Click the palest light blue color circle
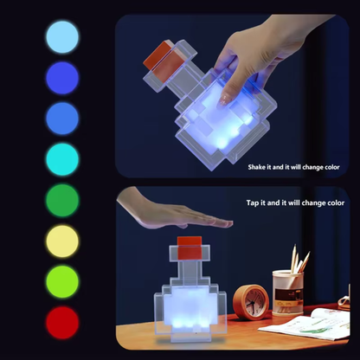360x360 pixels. pos(62,36)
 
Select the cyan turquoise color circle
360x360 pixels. pos(62,158)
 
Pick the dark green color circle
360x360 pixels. pos(62,199)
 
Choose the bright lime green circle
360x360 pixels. pos(62,281)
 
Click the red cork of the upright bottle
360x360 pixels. pos(189,243)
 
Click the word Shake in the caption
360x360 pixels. pos(259,167)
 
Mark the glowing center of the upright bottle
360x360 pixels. pos(189,307)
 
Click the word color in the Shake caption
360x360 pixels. pos(329,167)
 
